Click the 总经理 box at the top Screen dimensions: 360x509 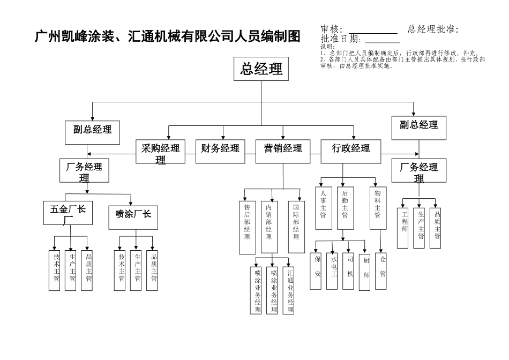click(x=262, y=69)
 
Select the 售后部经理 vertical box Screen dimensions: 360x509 click(x=246, y=227)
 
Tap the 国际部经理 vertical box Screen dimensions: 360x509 click(x=296, y=227)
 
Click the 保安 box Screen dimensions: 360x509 click(x=317, y=271)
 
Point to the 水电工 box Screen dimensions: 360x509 click(x=333, y=271)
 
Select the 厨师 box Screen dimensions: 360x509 click(x=366, y=271)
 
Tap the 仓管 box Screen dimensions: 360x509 click(x=382, y=271)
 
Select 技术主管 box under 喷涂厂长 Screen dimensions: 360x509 click(x=121, y=271)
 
